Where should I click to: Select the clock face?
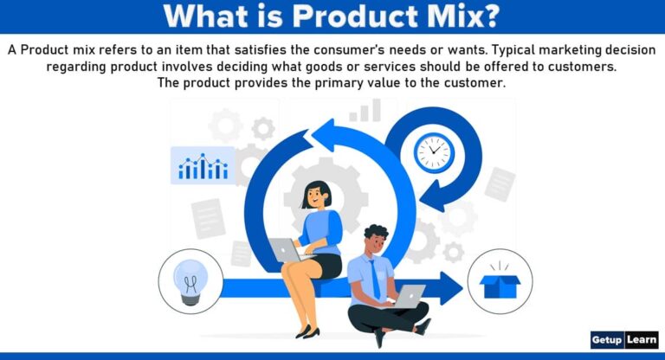coord(433,153)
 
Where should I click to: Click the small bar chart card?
coord(203,165)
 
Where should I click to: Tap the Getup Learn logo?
coord(623,339)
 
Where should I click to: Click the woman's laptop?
coord(285,250)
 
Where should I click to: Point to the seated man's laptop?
coord(406,297)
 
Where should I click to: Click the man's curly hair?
coord(375,233)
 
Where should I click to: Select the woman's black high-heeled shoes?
coord(307,331)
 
